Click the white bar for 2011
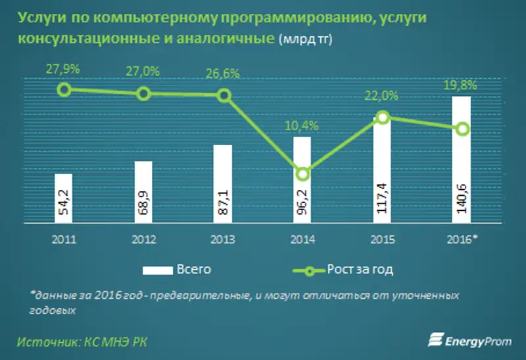coord(64,199)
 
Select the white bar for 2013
coord(223,185)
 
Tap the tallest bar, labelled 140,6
coord(462,161)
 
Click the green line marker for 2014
coord(302,174)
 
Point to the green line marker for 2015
coord(382,118)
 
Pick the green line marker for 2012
coord(143,94)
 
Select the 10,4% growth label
coord(302,125)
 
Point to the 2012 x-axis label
coord(143,239)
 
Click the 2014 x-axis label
coord(302,239)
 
